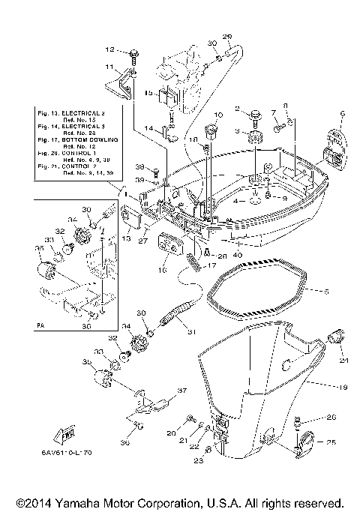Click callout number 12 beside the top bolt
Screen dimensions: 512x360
(x=109, y=49)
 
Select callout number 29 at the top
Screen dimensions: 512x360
(x=228, y=37)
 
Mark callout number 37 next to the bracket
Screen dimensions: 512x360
(x=181, y=391)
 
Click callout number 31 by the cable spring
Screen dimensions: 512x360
(x=191, y=333)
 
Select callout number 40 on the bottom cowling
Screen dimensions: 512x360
(x=238, y=254)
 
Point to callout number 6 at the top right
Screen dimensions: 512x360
(x=341, y=114)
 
